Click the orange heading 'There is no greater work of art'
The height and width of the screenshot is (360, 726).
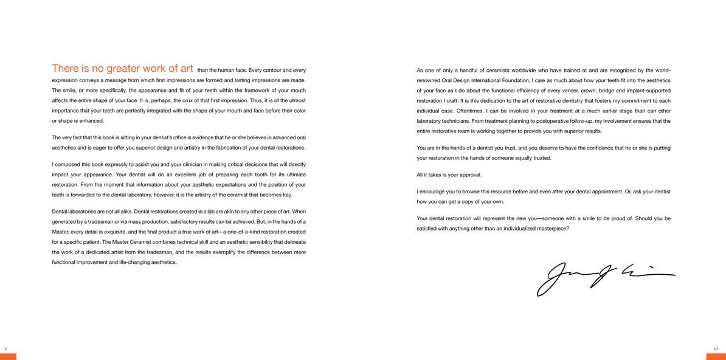(x=122, y=68)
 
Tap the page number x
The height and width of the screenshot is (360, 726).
(x=5, y=348)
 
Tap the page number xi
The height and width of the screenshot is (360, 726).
(x=716, y=348)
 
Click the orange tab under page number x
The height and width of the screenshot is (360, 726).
(x=8, y=356)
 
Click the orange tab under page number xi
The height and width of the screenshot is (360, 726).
(x=716, y=356)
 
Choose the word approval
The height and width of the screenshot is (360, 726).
(x=469, y=175)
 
